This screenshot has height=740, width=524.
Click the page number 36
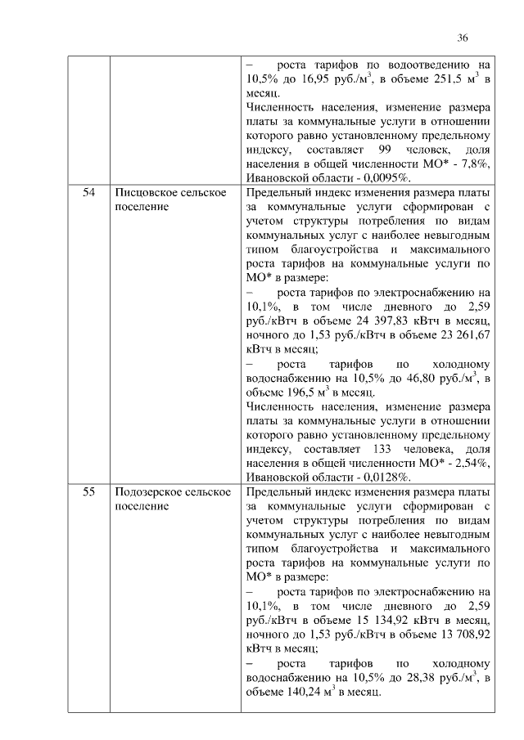pos(462,38)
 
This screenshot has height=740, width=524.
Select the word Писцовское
pos(145,192)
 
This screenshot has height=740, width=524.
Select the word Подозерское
pos(149,491)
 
